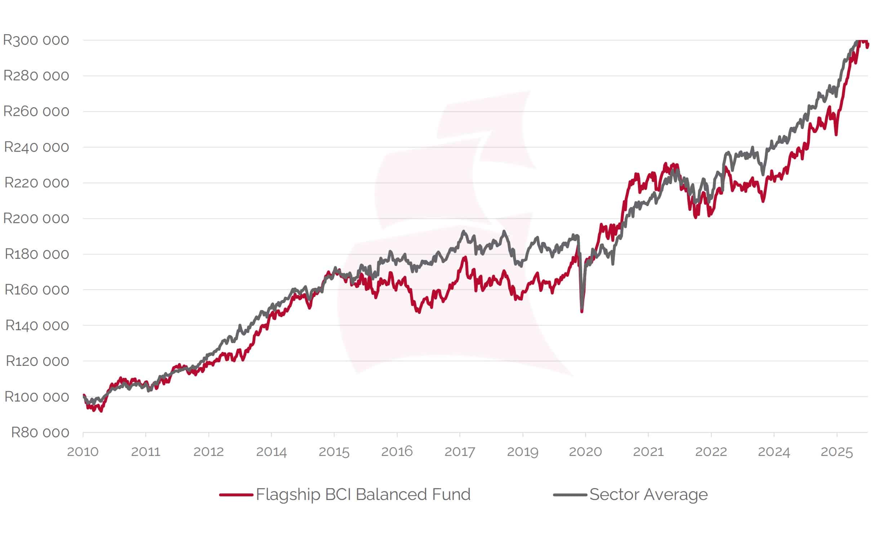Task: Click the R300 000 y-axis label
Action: (x=36, y=40)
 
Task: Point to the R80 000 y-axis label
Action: (x=40, y=432)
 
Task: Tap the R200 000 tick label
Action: (x=36, y=218)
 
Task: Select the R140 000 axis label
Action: (x=37, y=325)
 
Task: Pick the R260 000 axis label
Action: (x=36, y=111)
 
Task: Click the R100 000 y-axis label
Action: (x=37, y=397)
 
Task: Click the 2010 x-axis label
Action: (x=82, y=452)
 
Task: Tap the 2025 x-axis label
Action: (x=836, y=452)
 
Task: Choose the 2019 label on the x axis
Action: (x=523, y=452)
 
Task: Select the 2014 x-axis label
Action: (x=271, y=452)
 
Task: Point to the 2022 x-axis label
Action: (x=711, y=452)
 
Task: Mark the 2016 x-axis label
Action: (x=397, y=452)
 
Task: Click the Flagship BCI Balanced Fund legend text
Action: (x=363, y=495)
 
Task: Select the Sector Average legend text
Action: (x=648, y=495)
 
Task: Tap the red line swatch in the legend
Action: (x=236, y=495)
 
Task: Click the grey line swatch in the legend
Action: (x=570, y=495)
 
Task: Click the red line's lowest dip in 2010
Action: (x=101, y=411)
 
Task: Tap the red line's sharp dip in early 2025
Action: (x=836, y=135)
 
